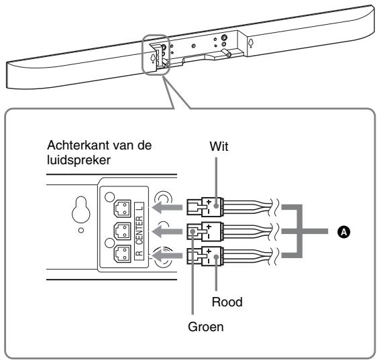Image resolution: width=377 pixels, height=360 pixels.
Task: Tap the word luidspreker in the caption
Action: pos(70,161)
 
